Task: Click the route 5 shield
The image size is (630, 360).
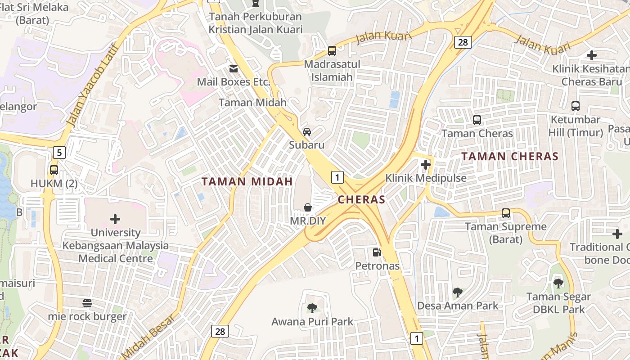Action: coord(59,152)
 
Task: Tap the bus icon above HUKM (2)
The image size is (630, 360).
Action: coord(54,170)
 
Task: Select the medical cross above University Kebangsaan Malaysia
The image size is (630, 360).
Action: coord(115,219)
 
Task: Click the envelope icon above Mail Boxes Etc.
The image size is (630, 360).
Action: coord(234,69)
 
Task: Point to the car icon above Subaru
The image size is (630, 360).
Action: coord(307,131)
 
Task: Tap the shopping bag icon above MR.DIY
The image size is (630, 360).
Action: coord(308,207)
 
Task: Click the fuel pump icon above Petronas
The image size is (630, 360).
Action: coord(377,252)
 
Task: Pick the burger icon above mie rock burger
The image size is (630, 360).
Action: coord(87,303)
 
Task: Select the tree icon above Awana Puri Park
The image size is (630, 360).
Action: coord(312,308)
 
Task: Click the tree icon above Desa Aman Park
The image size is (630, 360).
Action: coord(457,292)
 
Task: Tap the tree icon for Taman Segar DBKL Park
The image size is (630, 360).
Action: coord(558,283)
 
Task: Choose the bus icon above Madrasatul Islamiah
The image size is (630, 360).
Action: coord(332,51)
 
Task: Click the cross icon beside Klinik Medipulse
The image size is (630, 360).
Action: coord(426,165)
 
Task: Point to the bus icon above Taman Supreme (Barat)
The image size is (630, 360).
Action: coord(506,213)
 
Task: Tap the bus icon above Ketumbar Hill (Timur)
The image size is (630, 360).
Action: coord(575,106)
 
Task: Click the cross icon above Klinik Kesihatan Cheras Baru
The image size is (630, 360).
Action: coord(592,55)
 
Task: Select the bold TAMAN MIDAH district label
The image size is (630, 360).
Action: coord(247,182)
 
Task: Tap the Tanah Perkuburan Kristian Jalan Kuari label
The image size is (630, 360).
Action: coord(256,23)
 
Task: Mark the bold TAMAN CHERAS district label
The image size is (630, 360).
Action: coord(510,157)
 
